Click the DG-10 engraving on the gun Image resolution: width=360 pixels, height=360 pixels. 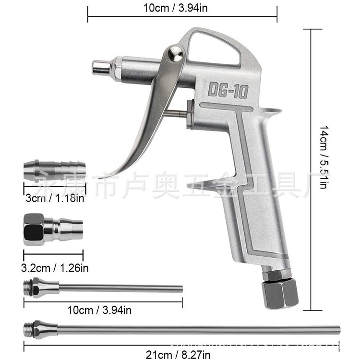pos(228,90)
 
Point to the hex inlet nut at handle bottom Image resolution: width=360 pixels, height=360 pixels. pos(280,291)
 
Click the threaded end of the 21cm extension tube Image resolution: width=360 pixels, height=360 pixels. pos(29,329)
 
